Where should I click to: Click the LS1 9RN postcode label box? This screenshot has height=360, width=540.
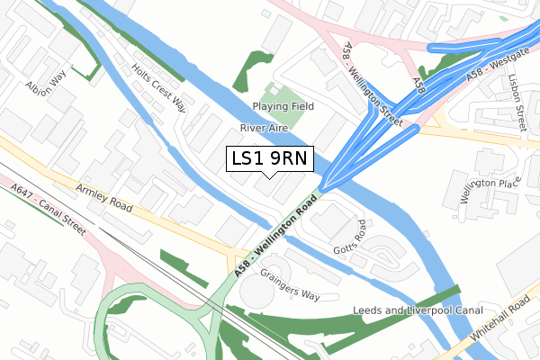pos(269,158)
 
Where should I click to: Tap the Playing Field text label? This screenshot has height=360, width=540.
pos(283,106)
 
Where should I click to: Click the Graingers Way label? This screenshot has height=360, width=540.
pos(290,283)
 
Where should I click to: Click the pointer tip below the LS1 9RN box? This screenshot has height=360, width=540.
pos(269,176)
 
